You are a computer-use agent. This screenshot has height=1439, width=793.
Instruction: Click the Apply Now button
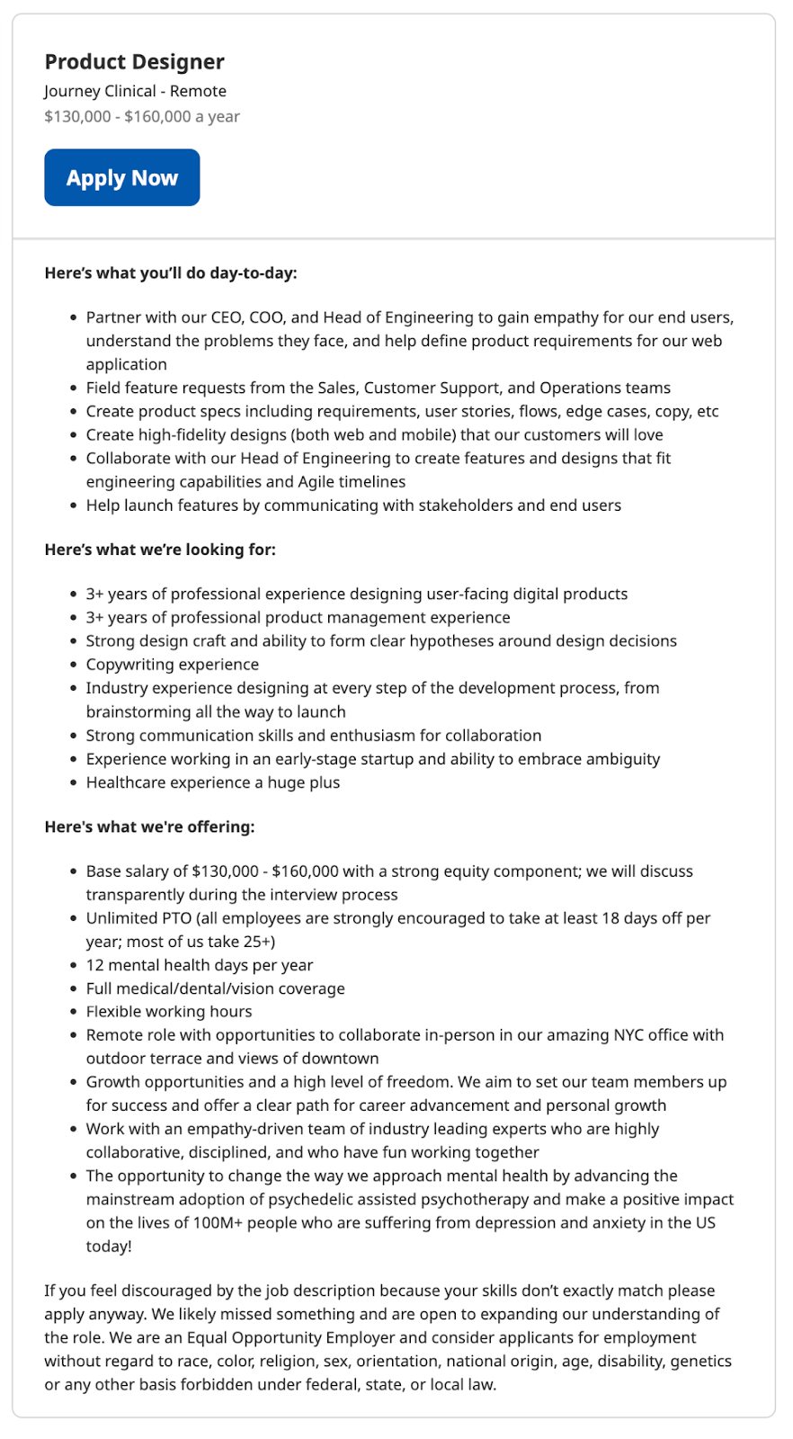pos(122,178)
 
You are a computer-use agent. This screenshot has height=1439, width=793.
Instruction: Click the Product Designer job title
pos(135,62)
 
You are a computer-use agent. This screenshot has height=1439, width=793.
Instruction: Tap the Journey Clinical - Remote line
pos(136,91)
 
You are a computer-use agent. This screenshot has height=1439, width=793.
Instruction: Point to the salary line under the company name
pos(142,116)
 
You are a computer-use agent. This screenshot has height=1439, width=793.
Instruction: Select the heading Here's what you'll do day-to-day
pos(171,273)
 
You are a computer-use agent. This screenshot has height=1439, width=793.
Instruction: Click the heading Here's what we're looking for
pos(160,550)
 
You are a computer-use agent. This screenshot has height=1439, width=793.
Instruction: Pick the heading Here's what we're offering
pos(149,827)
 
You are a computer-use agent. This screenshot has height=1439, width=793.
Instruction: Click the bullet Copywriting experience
pos(173,665)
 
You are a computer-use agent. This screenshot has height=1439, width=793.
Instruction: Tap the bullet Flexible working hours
pos(169,1012)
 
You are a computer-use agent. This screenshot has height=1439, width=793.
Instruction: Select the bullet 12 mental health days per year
pos(200,965)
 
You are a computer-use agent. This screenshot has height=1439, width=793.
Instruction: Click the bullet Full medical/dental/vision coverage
pos(216,988)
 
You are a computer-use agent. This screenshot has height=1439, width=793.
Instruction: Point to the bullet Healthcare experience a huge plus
pos(213,782)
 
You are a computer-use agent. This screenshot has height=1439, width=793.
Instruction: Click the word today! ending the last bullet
pos(109,1247)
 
